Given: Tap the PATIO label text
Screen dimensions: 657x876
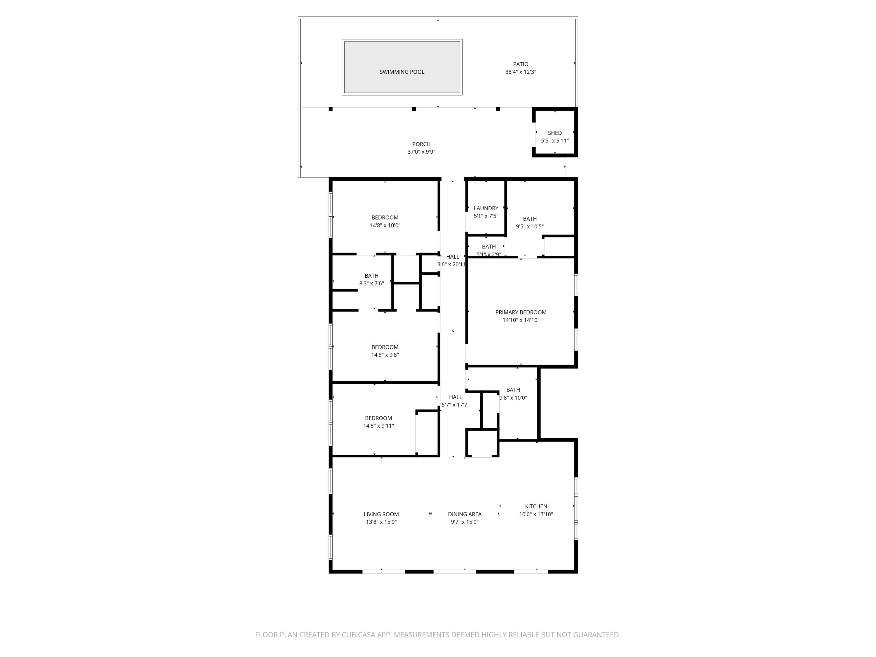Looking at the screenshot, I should (520, 64).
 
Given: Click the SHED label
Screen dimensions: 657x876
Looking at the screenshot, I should (555, 133).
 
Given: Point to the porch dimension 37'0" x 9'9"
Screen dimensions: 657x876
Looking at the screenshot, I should (421, 152).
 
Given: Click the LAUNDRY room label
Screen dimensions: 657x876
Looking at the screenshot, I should (486, 208).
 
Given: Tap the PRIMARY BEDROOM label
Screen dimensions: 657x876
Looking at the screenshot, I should (521, 312).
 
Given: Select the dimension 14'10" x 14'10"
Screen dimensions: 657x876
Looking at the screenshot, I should (521, 320).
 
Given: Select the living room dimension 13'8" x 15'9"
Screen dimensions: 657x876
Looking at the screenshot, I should (381, 522).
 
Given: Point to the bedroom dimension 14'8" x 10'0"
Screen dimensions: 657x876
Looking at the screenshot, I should (385, 225).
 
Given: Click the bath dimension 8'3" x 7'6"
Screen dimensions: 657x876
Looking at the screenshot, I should (371, 284).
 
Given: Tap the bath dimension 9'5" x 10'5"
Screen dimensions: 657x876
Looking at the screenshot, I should (529, 227).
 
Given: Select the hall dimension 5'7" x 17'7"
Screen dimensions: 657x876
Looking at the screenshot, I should (456, 405).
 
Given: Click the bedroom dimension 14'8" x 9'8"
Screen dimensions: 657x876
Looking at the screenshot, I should (385, 355).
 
